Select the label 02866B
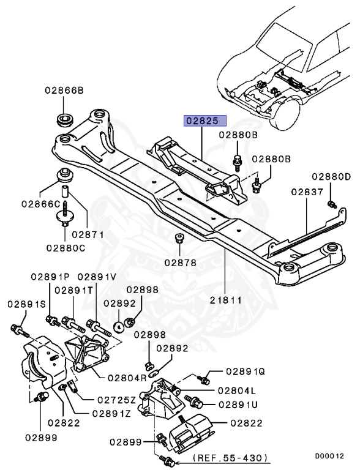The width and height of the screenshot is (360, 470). coord(64,91)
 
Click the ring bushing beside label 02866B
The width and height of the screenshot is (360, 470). coord(64,117)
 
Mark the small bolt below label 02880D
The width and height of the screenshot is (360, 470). coord(331,203)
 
